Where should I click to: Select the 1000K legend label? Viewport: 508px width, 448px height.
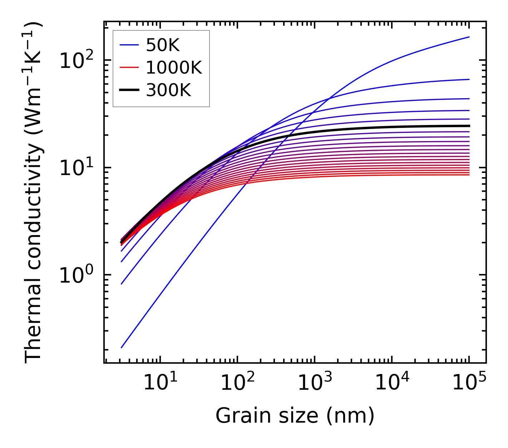tap(174, 68)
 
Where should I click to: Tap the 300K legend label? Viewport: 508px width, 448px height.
tap(168, 90)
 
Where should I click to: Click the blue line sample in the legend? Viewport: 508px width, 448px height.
tap(129, 45)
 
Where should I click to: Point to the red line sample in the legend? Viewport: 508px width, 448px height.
tap(129, 68)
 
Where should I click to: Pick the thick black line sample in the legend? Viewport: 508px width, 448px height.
tap(129, 90)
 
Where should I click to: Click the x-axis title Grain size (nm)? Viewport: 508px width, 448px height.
tap(295, 416)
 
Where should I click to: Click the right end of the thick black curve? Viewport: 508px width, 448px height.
tap(469, 126)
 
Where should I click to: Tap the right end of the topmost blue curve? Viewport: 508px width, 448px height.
tap(469, 37)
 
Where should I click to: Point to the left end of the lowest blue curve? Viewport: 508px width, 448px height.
tap(122, 347)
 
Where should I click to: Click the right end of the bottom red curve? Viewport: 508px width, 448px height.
tap(469, 174)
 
